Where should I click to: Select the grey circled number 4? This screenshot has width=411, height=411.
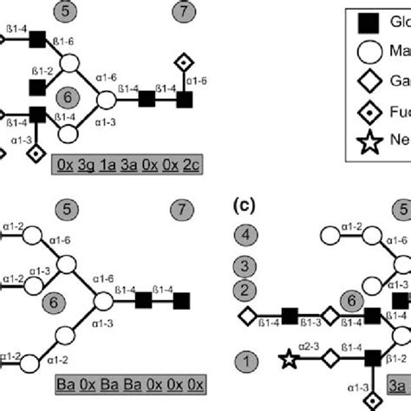pos(247,235)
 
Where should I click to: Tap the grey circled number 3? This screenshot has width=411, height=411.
pos(247,264)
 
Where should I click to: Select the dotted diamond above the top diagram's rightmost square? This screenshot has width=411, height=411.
pos(184,62)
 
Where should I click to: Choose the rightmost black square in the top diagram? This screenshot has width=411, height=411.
pos(184,101)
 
